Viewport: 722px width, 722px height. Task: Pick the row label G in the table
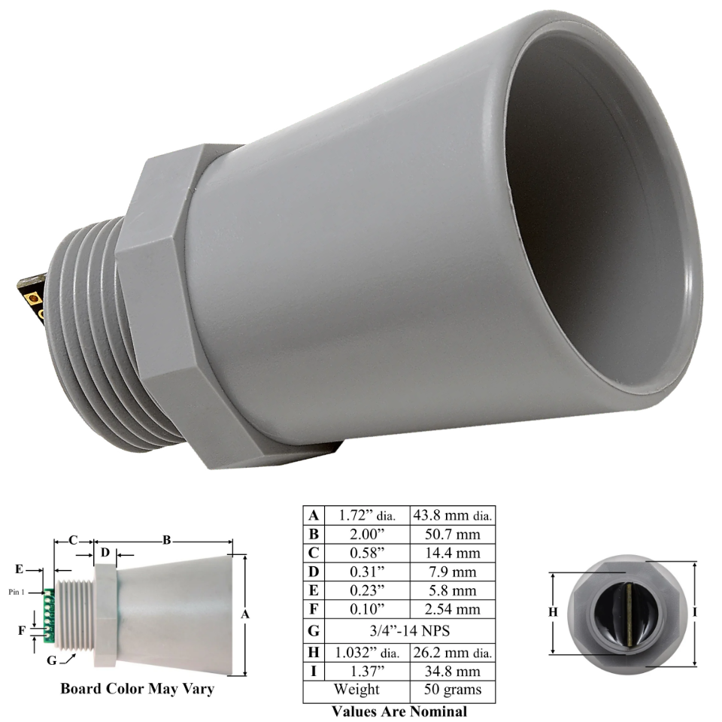[x=313, y=629]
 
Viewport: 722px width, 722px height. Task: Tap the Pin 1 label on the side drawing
[x=17, y=592]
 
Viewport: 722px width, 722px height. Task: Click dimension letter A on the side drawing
[x=244, y=614]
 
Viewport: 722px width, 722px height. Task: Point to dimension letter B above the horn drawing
[x=166, y=539]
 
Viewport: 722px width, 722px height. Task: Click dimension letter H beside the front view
[x=553, y=613]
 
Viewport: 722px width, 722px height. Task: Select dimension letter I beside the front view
[x=694, y=613]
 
